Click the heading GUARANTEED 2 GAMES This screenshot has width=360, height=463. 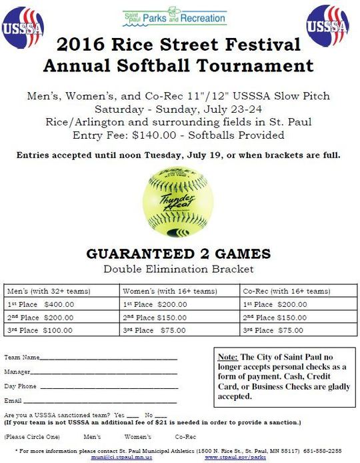tap(179, 254)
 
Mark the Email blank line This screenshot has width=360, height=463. tap(100, 402)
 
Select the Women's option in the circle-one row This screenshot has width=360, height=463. tap(138, 436)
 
